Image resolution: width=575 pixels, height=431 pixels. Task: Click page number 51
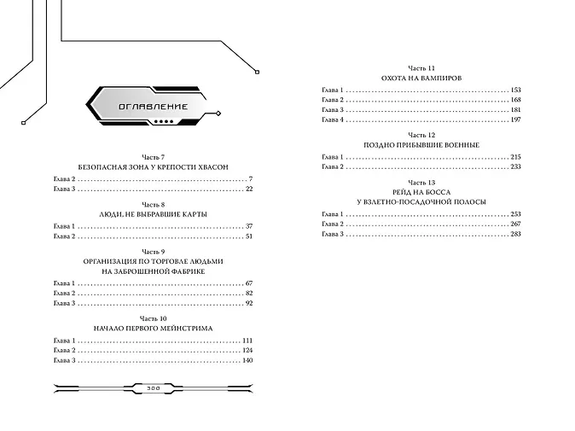tap(249, 236)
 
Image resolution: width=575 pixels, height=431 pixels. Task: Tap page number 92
tap(249, 303)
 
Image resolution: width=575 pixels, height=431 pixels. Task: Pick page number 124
tap(247, 351)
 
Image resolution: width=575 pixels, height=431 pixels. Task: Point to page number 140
tap(247, 361)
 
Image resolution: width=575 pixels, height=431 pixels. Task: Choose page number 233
tap(514, 167)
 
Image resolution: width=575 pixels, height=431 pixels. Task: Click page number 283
tap(514, 234)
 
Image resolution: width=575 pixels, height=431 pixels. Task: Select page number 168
tap(514, 101)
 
